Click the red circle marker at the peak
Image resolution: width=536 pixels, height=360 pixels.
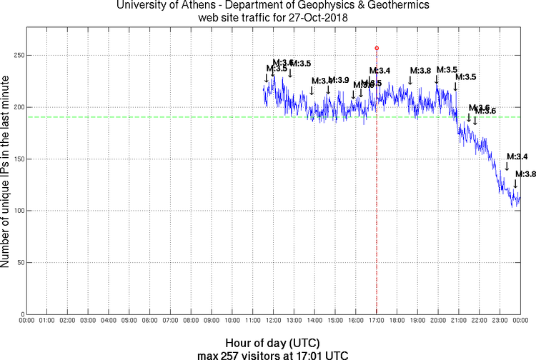377,48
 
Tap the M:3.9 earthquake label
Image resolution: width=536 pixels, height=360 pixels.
339,79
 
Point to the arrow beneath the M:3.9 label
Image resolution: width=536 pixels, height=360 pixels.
329,89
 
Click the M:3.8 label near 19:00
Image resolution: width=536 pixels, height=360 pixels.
420,70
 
